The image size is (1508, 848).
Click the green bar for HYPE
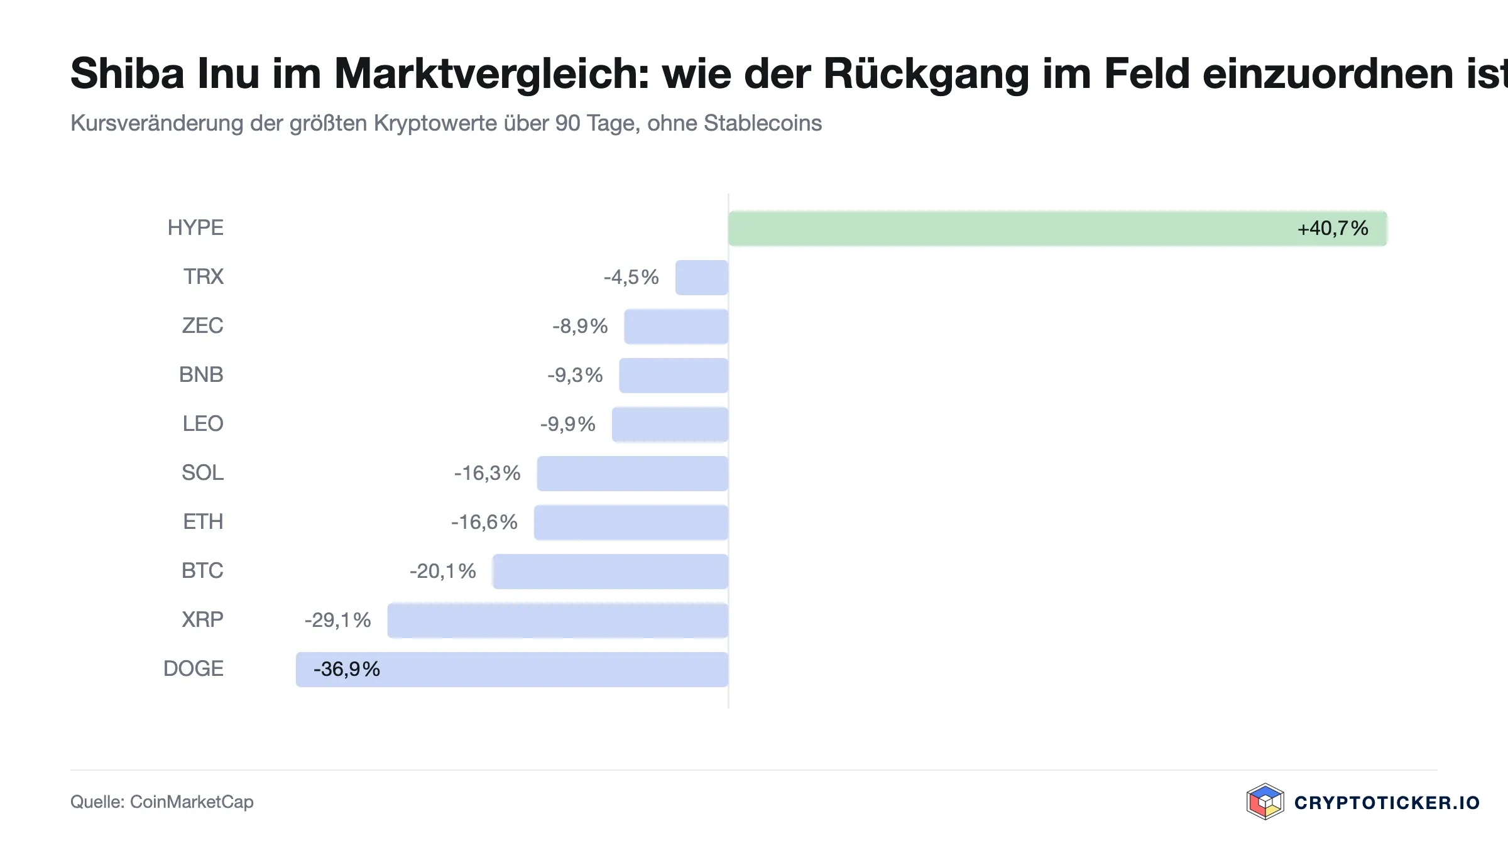[1057, 229]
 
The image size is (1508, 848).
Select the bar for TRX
[702, 278]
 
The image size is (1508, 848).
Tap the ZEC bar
[676, 327]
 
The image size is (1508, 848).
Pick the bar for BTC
[610, 572]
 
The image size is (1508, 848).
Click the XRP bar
[558, 621]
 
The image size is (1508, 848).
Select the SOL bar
[633, 474]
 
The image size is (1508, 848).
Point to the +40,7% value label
[1333, 228]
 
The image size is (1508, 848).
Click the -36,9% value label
[347, 669]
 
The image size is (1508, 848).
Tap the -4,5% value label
[631, 277]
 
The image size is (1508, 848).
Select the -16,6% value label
[484, 522]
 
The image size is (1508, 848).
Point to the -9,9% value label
[568, 424]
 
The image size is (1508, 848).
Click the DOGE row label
[194, 668]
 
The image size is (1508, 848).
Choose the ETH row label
[203, 521]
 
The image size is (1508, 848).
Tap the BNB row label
[201, 374]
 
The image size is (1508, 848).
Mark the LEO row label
[203, 423]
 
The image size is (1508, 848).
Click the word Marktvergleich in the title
[492, 74]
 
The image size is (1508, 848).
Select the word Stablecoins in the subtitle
[763, 123]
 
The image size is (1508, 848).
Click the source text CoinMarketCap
[192, 802]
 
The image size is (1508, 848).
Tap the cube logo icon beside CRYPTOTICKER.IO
[1265, 802]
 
